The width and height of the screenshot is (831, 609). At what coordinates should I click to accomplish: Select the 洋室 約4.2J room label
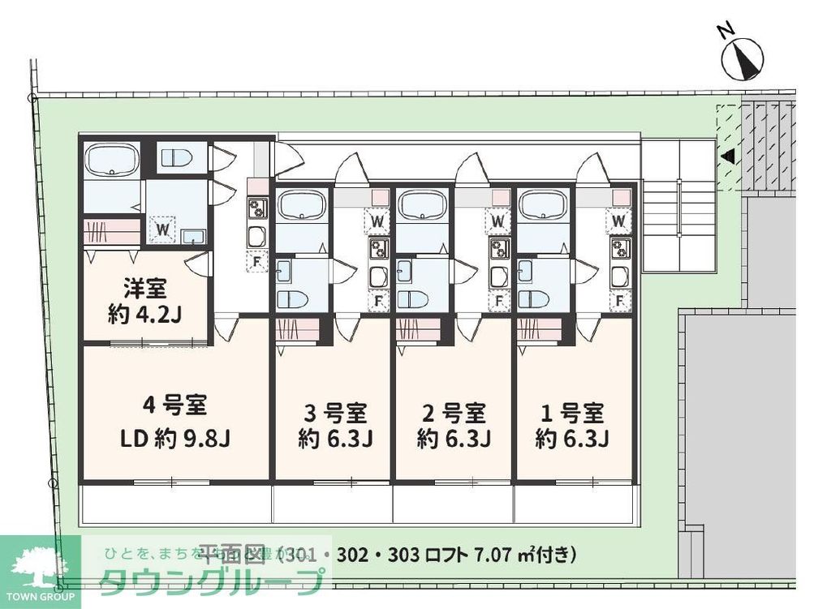pyautogui.click(x=146, y=300)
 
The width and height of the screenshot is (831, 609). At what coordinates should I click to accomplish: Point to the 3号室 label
pyautogui.click(x=334, y=414)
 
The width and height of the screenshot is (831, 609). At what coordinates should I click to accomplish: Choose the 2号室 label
pyautogui.click(x=454, y=414)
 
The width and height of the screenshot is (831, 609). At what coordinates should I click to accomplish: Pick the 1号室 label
pyautogui.click(x=573, y=414)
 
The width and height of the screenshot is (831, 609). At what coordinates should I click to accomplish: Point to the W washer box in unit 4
pyautogui.click(x=163, y=229)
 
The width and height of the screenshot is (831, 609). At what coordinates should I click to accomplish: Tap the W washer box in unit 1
pyautogui.click(x=619, y=220)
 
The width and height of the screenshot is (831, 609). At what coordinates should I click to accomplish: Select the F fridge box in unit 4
pyautogui.click(x=256, y=262)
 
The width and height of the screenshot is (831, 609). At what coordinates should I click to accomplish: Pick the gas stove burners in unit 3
pyautogui.click(x=378, y=248)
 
